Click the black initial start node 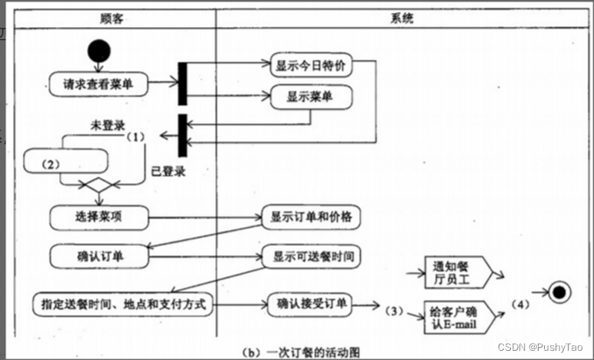tap(98, 52)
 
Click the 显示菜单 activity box tap(310, 98)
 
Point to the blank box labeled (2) tap(64, 162)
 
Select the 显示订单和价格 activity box tap(311, 218)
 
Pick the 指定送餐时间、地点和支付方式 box tap(122, 304)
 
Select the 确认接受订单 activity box tap(312, 304)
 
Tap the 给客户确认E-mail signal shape tap(454, 315)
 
